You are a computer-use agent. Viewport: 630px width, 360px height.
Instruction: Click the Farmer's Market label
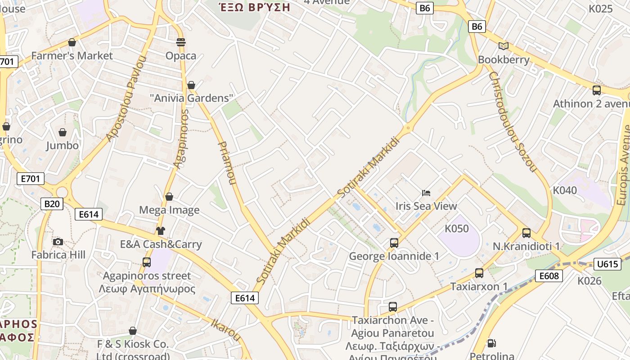[72, 56]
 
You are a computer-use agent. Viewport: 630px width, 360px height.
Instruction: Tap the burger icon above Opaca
[181, 42]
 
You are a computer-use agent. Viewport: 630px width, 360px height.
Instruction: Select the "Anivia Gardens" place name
[192, 98]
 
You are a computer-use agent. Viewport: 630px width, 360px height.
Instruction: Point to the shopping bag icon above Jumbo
[63, 132]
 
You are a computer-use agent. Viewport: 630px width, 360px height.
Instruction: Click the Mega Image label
[169, 210]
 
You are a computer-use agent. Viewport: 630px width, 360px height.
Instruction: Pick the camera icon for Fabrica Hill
[58, 242]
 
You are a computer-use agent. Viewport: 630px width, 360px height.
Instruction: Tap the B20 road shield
[52, 204]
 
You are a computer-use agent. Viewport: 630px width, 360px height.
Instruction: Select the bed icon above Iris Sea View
[426, 193]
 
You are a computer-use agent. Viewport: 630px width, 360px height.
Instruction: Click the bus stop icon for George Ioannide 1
[394, 243]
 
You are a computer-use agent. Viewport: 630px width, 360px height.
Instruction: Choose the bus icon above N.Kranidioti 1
[526, 233]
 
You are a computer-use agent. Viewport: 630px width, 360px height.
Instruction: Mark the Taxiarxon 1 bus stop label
[479, 287]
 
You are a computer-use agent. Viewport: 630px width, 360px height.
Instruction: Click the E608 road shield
[549, 275]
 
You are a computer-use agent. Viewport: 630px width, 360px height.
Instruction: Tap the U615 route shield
[607, 264]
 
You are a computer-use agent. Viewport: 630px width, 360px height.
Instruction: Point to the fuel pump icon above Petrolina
[491, 343]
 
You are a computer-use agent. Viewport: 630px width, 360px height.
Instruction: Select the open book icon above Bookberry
[504, 46]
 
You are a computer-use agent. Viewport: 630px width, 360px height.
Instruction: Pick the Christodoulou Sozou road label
[513, 121]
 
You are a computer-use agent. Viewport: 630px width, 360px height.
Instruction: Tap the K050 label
[457, 229]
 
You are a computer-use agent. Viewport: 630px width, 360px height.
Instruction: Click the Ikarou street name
[226, 329]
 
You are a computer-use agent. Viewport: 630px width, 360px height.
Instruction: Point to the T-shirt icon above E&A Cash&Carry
[161, 231]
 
